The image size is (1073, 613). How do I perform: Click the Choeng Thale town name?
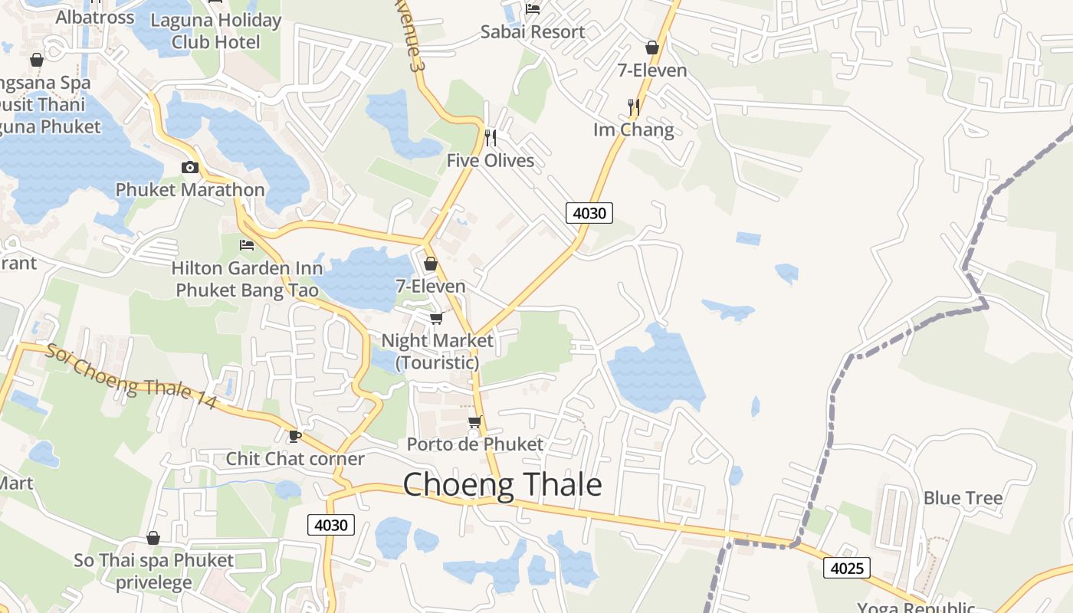502,485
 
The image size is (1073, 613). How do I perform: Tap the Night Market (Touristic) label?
437,350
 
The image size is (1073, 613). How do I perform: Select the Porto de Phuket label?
474,444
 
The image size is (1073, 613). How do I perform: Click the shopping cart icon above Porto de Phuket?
475,421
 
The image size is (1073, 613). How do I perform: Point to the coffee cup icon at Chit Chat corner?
294,436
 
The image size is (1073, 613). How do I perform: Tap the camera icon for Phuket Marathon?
189,167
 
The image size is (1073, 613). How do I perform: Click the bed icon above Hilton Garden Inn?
247,245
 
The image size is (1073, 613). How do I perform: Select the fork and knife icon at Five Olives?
491,138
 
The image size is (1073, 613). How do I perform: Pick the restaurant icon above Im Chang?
633,107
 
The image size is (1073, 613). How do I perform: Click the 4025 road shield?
847,568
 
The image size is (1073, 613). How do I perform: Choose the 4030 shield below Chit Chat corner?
331,525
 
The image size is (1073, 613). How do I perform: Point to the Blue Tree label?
963,498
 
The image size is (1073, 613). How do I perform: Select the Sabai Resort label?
533,31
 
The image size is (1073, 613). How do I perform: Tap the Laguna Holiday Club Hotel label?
216,31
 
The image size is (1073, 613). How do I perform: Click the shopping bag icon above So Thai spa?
153,538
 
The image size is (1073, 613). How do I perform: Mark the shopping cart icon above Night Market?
436,318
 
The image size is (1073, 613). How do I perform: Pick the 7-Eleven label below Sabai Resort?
652,70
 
